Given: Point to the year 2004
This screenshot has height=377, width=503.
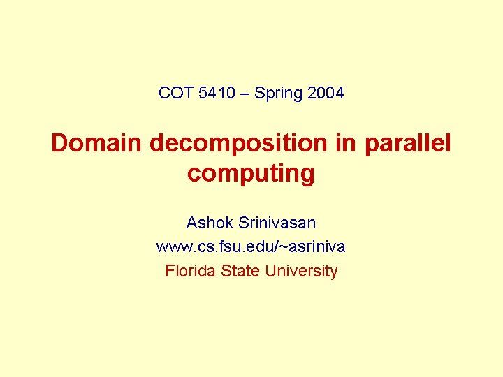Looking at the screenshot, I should point(326,93).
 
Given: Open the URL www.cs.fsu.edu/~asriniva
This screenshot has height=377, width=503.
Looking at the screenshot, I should point(251,247).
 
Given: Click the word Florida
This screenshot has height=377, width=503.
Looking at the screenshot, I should point(190,271).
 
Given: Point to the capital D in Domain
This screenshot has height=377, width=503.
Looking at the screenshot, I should point(59,143).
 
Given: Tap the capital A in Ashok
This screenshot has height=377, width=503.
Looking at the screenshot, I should point(192,223).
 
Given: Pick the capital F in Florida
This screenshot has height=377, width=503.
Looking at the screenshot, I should point(169,271).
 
